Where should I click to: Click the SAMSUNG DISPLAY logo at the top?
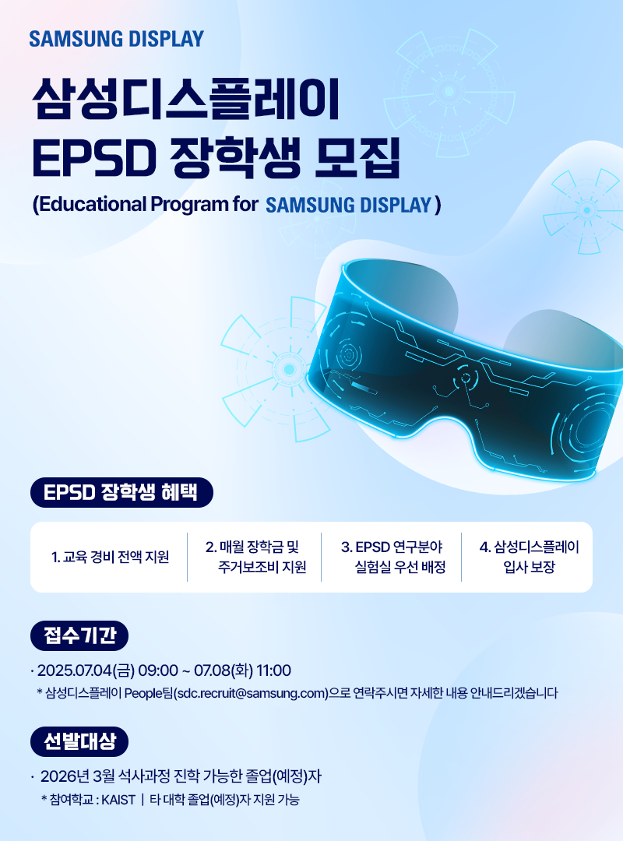click(x=117, y=39)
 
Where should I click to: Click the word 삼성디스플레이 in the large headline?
click(x=185, y=99)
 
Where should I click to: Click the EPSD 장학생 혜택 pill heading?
click(x=121, y=492)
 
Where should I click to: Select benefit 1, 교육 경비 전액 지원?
click(x=110, y=558)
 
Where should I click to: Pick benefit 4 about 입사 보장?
click(x=529, y=557)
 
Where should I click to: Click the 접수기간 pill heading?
click(x=79, y=635)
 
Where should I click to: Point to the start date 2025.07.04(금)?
click(x=86, y=670)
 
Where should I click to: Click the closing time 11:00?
click(x=273, y=670)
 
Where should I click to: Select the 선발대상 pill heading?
click(x=79, y=741)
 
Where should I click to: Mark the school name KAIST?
click(x=118, y=800)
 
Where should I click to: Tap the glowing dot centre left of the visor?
click(x=289, y=369)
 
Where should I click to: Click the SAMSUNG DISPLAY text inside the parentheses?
click(x=349, y=205)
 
